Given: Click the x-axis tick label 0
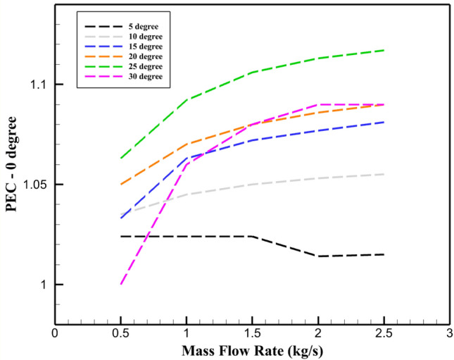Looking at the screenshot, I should [55, 333].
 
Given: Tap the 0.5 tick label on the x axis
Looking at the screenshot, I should [120, 333].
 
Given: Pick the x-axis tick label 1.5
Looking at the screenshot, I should [252, 333].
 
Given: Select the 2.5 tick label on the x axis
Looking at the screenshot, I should [384, 333].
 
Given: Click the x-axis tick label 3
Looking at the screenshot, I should [449, 333].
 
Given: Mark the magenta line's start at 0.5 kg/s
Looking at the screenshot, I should [121, 285].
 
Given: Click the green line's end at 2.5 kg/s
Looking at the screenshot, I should [384, 50].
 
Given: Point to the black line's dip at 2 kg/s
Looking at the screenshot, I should [318, 256].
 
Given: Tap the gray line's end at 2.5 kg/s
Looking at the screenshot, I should [384, 174].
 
